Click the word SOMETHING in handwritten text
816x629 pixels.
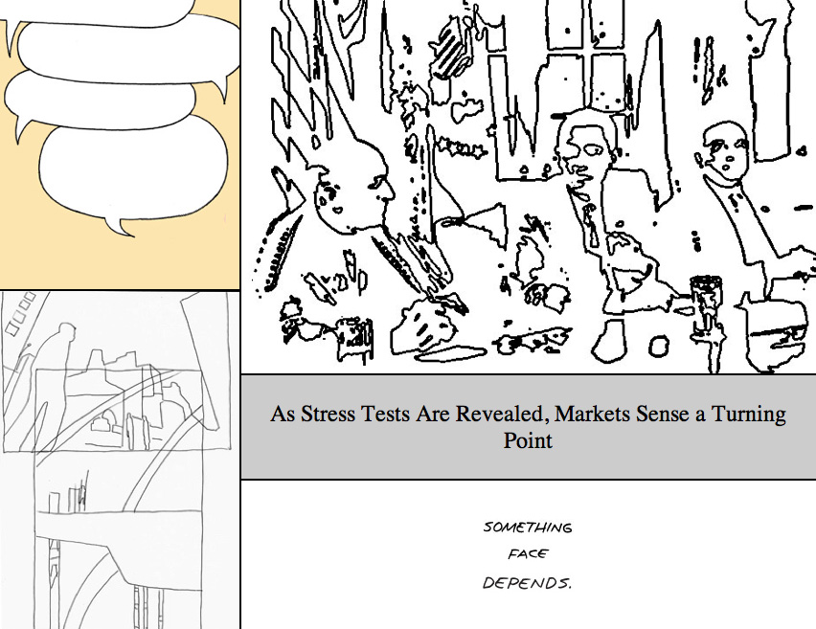pyautogui.click(x=528, y=528)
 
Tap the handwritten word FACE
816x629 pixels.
pyautogui.click(x=528, y=554)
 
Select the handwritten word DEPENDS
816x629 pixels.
pyautogui.click(x=527, y=583)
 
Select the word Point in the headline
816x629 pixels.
pyautogui.click(x=528, y=440)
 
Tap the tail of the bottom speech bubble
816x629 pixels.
pyautogui.click(x=121, y=227)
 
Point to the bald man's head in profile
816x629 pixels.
pyautogui.click(x=353, y=188)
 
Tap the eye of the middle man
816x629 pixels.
pyautogui.click(x=592, y=150)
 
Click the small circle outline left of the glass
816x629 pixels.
pyautogui.click(x=659, y=346)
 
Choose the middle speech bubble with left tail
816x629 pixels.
pyautogui.click(x=99, y=99)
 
